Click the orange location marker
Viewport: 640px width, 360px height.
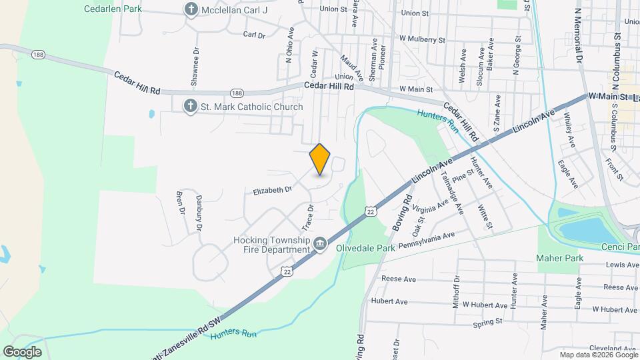pos(320,159)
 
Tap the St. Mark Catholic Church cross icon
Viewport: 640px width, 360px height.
pos(191,107)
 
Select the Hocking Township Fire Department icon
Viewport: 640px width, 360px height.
pos(320,245)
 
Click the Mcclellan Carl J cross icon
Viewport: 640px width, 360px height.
pos(191,9)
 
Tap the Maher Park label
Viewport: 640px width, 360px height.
pos(561,258)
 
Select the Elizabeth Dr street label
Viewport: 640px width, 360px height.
pos(273,190)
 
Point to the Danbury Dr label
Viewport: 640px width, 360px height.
pos(199,213)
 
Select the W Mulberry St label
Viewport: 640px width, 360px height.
pos(421,40)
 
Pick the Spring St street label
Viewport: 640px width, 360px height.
pos(487,322)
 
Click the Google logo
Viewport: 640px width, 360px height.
pos(22,351)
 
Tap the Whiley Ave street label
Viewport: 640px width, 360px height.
pos(569,131)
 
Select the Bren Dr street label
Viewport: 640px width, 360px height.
pos(179,203)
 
